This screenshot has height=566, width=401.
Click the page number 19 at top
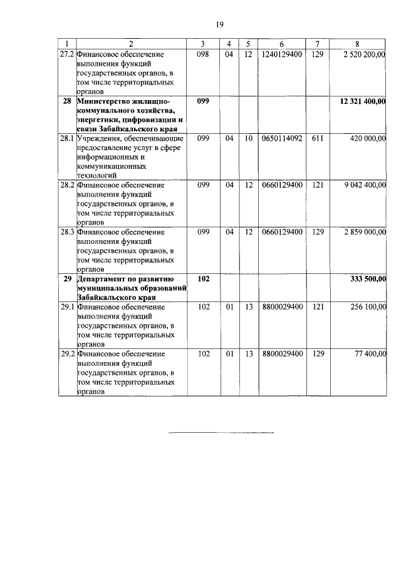[219, 24]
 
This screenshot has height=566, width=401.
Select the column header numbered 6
[282, 44]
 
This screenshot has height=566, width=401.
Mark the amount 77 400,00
[370, 354]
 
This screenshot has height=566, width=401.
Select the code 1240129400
[282, 54]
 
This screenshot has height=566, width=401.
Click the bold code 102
[203, 279]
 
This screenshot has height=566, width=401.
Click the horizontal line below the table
[222, 432]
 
